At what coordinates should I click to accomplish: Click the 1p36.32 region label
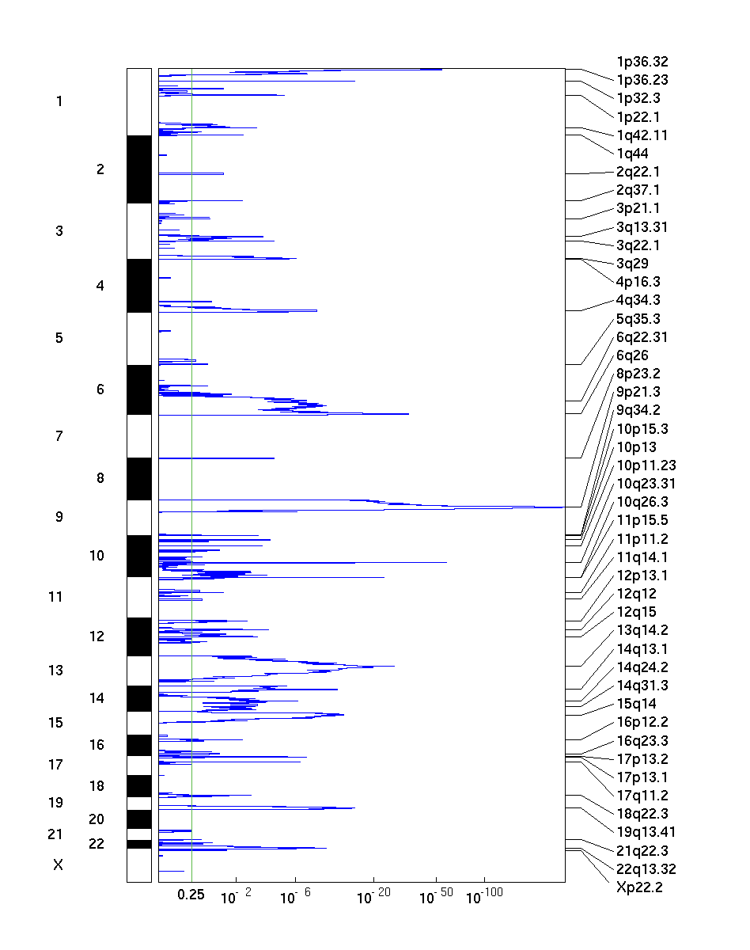[x=642, y=61]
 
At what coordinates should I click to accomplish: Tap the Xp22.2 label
[x=639, y=887]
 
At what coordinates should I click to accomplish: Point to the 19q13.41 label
[x=646, y=832]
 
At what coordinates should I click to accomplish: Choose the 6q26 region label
[x=632, y=355]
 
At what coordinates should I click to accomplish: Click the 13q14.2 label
[x=642, y=630]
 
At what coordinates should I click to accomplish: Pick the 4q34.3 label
[x=638, y=300]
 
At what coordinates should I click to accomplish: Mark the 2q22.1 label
[x=638, y=171]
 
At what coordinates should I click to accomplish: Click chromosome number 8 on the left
[x=100, y=478]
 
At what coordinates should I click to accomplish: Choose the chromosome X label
[x=58, y=865]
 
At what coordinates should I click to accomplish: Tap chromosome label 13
[x=55, y=671]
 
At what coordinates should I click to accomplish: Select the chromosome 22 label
[x=97, y=844]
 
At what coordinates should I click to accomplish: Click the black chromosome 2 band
[x=139, y=169]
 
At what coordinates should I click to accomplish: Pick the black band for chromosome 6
[x=139, y=389]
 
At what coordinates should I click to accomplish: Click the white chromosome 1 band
[x=139, y=101]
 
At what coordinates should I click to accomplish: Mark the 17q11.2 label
[x=642, y=796]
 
